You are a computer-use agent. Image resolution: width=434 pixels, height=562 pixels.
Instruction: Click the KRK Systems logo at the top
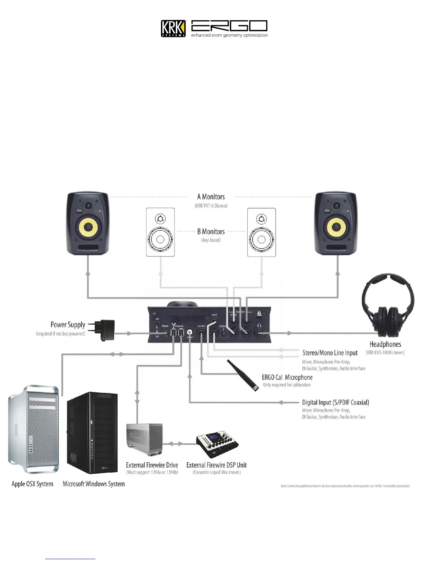[x=173, y=28]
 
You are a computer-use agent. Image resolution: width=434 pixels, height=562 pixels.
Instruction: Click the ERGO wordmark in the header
[x=229, y=26]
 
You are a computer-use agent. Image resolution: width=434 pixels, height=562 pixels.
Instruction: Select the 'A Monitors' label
[x=211, y=197]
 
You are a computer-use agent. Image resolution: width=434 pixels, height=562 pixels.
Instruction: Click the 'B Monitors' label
[x=211, y=232]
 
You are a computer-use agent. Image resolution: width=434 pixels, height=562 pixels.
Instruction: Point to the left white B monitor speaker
[x=160, y=232]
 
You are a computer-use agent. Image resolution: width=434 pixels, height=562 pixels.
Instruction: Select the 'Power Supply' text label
[x=68, y=325]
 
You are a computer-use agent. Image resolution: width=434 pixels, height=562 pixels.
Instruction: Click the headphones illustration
[x=388, y=305]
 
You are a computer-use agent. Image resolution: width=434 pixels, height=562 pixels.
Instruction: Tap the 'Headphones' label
[x=385, y=344]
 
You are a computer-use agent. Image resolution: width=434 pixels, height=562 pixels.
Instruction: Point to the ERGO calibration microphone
[x=244, y=375]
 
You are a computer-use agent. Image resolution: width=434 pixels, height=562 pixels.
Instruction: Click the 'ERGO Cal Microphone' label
[x=287, y=378]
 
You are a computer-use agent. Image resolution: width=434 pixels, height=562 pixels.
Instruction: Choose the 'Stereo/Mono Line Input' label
[x=330, y=353]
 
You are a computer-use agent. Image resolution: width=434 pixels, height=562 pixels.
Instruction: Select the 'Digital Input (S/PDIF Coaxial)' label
[x=335, y=403]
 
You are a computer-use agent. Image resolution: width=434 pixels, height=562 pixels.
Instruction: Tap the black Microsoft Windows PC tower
[x=92, y=433]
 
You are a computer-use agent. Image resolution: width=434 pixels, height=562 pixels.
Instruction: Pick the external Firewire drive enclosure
[x=144, y=439]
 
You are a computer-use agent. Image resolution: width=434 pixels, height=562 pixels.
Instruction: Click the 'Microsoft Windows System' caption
[x=94, y=484]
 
